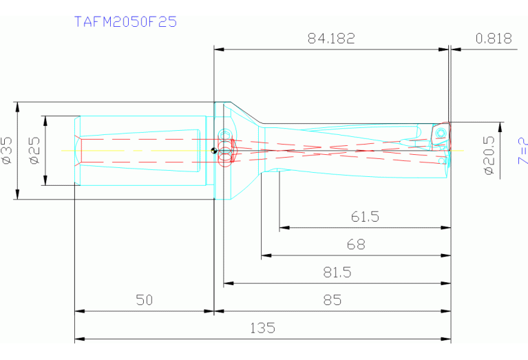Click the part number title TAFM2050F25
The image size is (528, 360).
[x=125, y=21]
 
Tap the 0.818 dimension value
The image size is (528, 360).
[x=494, y=39]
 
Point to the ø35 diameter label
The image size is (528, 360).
[x=8, y=150]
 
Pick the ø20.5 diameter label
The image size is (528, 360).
[x=489, y=156]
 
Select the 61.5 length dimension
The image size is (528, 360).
[x=365, y=217]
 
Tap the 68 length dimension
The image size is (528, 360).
[x=356, y=244]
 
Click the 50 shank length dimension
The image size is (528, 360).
[x=143, y=300]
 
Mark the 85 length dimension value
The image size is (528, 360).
[x=332, y=300]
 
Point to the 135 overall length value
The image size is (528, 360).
[x=262, y=328]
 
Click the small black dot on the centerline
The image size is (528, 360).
[x=215, y=151]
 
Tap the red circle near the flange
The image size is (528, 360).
[x=224, y=158]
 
